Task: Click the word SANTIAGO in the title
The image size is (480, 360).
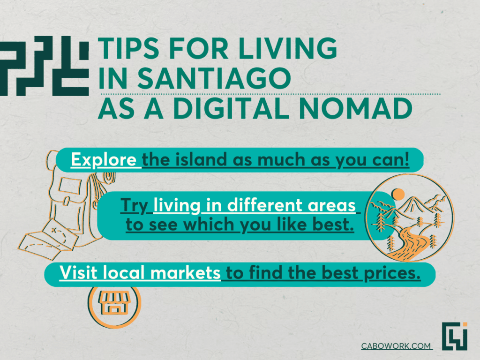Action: pyautogui.click(x=214, y=78)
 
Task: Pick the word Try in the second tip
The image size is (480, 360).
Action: pyautogui.click(x=135, y=206)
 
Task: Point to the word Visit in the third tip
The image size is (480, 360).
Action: pyautogui.click(x=78, y=272)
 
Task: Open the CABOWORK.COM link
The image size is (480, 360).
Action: pyautogui.click(x=396, y=346)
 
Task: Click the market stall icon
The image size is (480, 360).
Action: pyautogui.click(x=114, y=302)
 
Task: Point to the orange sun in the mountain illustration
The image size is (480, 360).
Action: pyautogui.click(x=398, y=195)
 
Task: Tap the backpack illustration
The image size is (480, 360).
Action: pyautogui.click(x=80, y=199)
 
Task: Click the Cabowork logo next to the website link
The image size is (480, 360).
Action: pyautogui.click(x=455, y=336)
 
